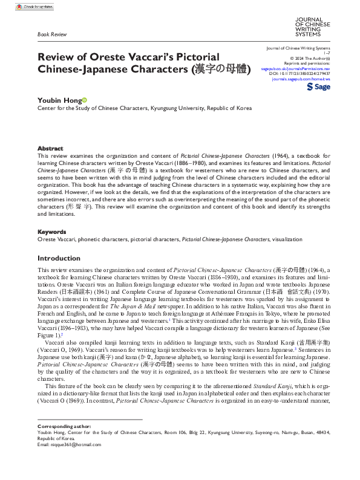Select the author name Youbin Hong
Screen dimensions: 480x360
(x=59, y=100)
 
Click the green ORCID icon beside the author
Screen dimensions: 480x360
(x=85, y=100)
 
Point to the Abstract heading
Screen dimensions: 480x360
(x=50, y=148)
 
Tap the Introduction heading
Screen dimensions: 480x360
(x=59, y=258)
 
